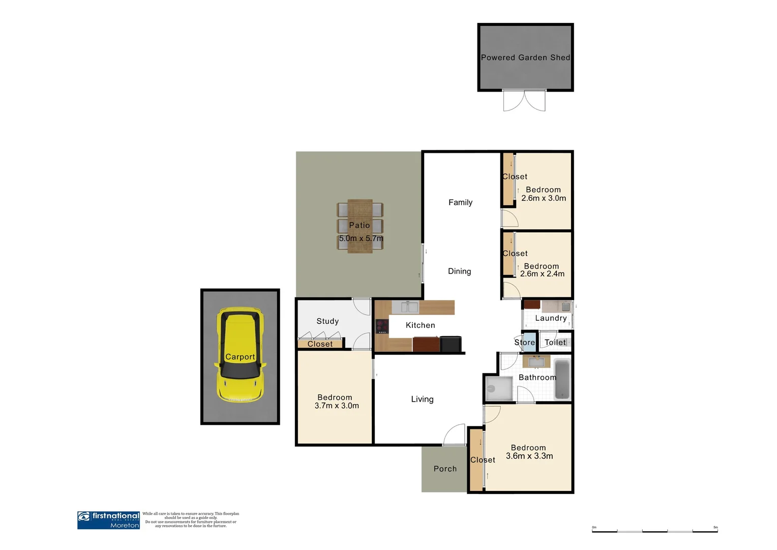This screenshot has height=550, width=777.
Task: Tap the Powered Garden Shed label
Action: pos(525,58)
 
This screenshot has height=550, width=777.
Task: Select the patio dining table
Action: pos(360,226)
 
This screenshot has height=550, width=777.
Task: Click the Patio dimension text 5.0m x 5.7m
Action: pos(361,238)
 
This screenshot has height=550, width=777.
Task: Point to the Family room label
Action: pos(460,202)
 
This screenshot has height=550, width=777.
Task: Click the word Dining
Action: pos(459,271)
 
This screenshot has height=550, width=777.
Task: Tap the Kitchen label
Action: pos(420,325)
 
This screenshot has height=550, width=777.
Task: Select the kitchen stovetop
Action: pos(382,326)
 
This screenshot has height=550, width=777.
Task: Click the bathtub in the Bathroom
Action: pos(562,379)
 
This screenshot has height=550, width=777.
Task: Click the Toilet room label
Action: pos(555,342)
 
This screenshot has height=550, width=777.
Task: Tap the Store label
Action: pos(524,342)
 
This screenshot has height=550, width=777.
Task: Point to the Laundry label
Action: pos(551,318)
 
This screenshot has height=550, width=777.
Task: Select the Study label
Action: pos(327,321)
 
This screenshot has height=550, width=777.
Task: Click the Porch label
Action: pos(445,469)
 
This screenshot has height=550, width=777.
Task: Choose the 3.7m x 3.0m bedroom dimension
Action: pos(337,406)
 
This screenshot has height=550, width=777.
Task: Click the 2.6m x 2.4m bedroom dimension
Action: pos(542,274)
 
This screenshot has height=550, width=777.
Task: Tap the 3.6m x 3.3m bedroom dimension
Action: pos(529,456)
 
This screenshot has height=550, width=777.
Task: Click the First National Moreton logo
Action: pos(108,520)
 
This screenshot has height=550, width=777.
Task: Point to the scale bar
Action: pos(654,531)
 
